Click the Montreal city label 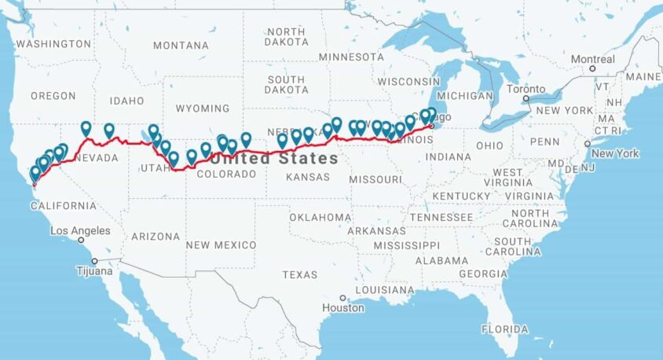(x=592, y=59)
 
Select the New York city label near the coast (x=614, y=153)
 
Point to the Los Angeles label (x=80, y=231)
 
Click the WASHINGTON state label (x=53, y=44)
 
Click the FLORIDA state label (x=505, y=329)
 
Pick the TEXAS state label (x=299, y=274)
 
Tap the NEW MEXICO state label (x=220, y=245)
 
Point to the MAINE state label (x=643, y=76)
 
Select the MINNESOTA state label (x=351, y=57)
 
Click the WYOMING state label (x=203, y=108)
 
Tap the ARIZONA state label (x=155, y=236)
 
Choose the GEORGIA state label (x=483, y=274)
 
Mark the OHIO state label (x=489, y=145)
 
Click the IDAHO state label (x=126, y=101)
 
